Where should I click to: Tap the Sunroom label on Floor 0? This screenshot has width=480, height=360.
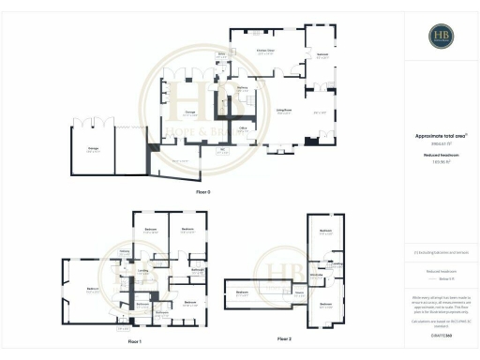point(321,55)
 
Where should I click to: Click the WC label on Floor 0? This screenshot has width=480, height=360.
point(222,149)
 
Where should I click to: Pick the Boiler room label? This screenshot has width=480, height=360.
point(222,55)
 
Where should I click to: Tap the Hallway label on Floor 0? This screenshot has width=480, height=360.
point(242,87)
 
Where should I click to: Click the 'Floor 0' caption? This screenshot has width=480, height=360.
point(203,191)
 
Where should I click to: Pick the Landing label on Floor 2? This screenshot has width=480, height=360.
point(337,264)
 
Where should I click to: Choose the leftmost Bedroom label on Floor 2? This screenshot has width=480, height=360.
point(243,293)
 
